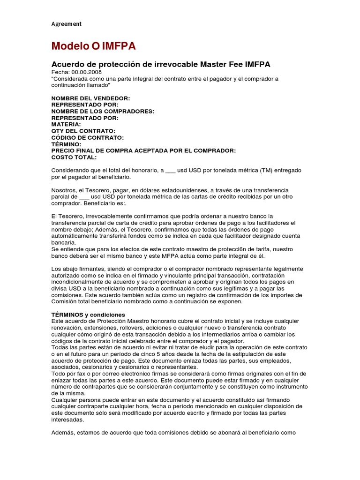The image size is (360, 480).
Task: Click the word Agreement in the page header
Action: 66,23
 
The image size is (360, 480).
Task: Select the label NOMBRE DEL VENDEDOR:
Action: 90,98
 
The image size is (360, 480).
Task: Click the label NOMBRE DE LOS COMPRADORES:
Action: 103,111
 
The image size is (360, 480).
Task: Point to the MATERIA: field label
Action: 66,124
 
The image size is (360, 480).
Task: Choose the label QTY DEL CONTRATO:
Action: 83,131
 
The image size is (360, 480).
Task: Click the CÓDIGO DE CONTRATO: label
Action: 88,137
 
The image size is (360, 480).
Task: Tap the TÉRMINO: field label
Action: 67,144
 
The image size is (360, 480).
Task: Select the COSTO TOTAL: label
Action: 74,157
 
